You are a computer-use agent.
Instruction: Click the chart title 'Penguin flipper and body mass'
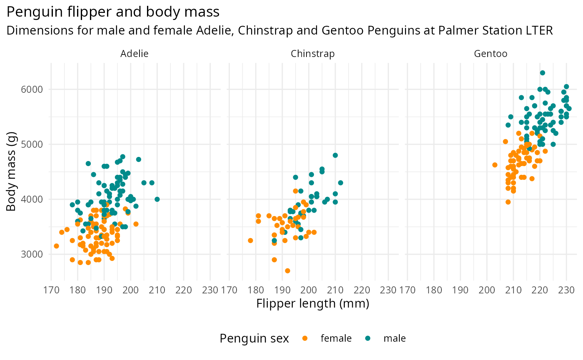click(113, 12)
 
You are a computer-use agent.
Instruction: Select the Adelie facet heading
click(134, 54)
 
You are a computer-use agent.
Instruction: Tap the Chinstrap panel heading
click(312, 54)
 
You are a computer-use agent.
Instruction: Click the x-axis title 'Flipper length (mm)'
click(313, 304)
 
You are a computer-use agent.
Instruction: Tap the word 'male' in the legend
click(394, 338)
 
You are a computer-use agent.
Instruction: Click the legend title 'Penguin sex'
click(254, 338)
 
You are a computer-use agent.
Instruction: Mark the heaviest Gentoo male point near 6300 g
click(542, 73)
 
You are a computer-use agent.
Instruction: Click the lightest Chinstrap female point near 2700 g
click(287, 271)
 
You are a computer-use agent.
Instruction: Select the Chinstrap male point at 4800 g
click(335, 155)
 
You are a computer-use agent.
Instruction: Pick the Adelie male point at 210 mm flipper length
click(157, 199)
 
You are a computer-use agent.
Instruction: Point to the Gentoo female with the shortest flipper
click(495, 165)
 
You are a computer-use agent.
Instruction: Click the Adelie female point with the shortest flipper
click(56, 246)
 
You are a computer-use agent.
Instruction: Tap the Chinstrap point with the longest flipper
click(340, 183)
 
